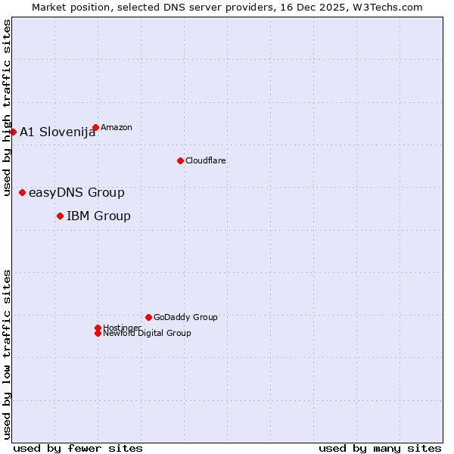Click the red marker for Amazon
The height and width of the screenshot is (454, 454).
[x=95, y=127]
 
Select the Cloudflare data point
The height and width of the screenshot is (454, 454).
[x=180, y=160]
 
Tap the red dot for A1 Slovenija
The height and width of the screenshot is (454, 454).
[x=13, y=132]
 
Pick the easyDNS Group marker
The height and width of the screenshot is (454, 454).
[x=22, y=192]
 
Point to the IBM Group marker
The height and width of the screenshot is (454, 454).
[x=60, y=216]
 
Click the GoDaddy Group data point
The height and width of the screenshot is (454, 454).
[x=148, y=317]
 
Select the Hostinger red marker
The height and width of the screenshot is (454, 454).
[x=98, y=328]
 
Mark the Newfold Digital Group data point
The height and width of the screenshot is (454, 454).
[x=98, y=333]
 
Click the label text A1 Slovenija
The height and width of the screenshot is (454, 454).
[x=58, y=132]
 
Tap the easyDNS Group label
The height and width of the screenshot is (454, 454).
[x=76, y=193]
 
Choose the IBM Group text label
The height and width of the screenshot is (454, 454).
[x=98, y=216]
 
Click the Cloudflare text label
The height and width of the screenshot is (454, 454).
[x=206, y=160]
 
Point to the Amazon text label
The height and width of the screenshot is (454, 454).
[x=117, y=127]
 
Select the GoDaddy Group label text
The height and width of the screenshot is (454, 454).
[x=185, y=317]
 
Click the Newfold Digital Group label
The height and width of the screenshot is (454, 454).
[x=148, y=334]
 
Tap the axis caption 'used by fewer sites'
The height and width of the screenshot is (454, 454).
[x=78, y=448]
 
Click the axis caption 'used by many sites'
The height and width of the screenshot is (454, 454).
[x=380, y=448]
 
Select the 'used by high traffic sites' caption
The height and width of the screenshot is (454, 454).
[x=7, y=107]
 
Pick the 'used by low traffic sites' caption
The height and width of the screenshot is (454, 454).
[x=7, y=354]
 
